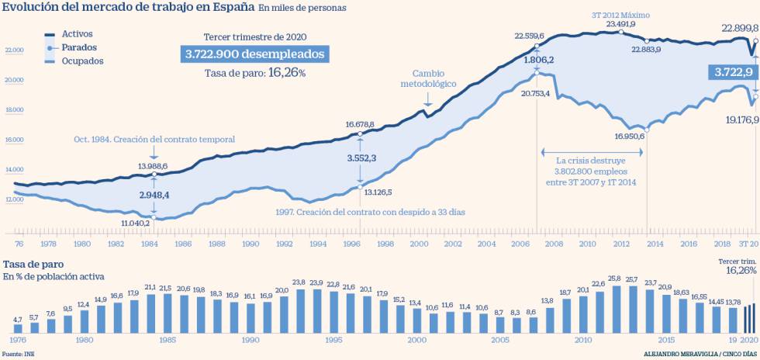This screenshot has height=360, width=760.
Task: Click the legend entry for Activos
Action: coord(74,35)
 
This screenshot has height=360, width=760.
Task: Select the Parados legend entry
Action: coord(74,48)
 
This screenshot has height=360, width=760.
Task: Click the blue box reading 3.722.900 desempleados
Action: coord(254,54)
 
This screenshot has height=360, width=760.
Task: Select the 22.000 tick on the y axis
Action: coord(15,50)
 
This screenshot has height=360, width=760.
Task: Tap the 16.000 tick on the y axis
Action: coord(15,140)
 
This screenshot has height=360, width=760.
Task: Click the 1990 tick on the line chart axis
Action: coord(250,244)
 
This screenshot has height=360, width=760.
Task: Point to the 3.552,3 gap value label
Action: coord(361,157)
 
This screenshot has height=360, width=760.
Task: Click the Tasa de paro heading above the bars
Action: coord(32,264)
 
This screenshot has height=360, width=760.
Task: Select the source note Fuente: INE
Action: coord(18,354)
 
